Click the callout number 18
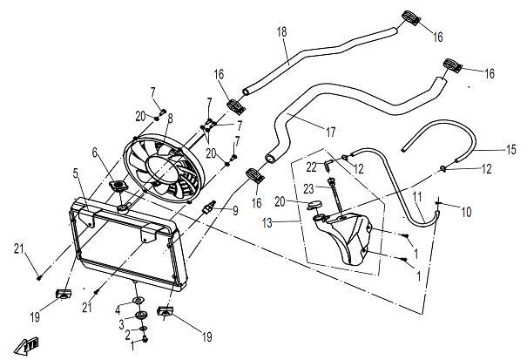281,32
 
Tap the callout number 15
510,150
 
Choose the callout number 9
233,210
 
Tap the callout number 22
312,167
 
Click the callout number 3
122,323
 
